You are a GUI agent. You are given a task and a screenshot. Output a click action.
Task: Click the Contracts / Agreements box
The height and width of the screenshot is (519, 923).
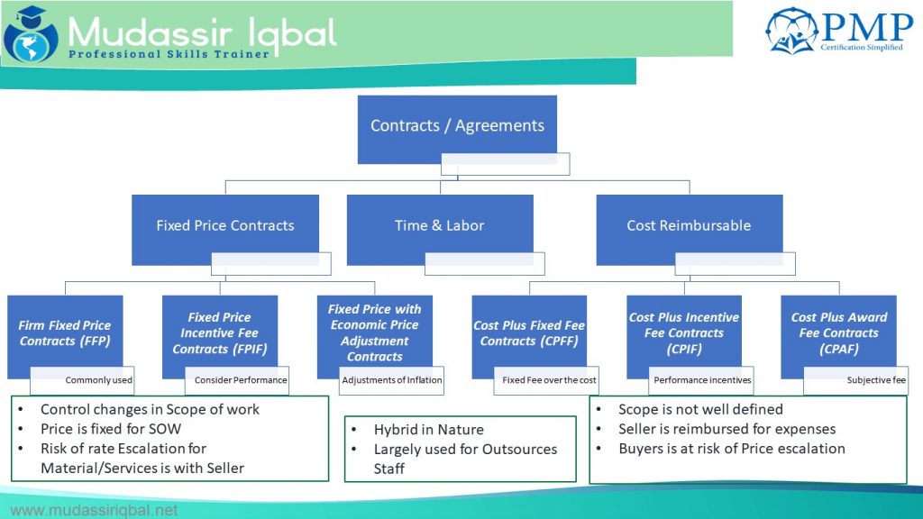click(457, 125)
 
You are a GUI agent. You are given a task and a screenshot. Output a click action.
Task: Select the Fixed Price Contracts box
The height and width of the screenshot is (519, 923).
click(224, 225)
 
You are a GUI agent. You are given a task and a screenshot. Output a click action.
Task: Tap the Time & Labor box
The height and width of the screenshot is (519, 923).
click(439, 225)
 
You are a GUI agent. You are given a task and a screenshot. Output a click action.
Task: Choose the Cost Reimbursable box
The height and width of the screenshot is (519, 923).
click(689, 225)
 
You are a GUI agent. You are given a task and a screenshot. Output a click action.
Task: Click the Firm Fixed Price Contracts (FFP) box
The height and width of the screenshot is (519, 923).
click(65, 332)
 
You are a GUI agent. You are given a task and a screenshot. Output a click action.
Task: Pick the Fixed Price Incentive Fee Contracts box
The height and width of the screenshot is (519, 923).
click(220, 332)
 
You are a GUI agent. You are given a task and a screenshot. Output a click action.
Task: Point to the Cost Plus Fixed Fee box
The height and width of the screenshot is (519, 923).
click(529, 332)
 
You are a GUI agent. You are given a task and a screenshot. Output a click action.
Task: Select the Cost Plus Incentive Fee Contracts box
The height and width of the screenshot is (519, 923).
click(684, 332)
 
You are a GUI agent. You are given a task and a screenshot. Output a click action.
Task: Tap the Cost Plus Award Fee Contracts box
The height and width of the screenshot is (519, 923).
click(838, 332)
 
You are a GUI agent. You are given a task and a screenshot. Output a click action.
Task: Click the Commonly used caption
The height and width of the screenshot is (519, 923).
click(99, 380)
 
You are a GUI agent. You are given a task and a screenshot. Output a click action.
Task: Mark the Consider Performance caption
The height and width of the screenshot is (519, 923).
click(241, 380)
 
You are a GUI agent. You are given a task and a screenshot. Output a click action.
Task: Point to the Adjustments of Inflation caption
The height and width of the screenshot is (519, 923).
click(392, 380)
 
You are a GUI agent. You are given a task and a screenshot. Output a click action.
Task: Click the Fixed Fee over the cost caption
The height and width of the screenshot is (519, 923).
click(550, 380)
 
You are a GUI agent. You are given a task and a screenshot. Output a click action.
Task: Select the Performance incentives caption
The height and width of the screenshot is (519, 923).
click(703, 380)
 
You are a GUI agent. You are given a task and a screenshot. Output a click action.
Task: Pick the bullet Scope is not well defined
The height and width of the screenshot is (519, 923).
click(700, 409)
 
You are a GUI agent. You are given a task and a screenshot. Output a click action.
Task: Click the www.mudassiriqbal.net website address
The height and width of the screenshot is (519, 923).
click(94, 510)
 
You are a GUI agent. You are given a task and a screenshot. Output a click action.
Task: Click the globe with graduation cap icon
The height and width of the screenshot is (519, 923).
click(30, 33)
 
